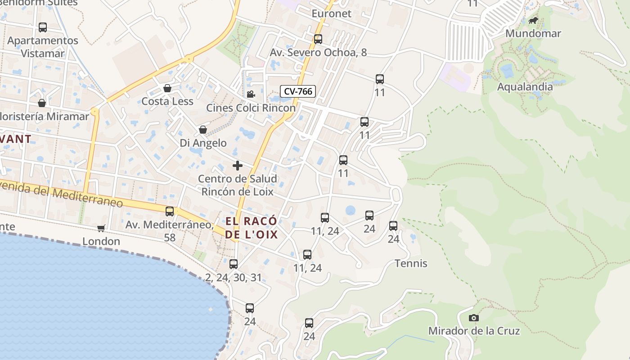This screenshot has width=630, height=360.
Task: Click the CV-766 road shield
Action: [298, 91]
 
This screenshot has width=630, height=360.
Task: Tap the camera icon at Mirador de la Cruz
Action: [473, 318]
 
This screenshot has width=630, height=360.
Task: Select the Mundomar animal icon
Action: [533, 21]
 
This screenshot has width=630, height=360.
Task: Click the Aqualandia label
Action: [525, 87]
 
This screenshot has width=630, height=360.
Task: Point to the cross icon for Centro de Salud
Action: [238, 166]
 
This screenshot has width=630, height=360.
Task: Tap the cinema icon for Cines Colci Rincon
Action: [251, 94]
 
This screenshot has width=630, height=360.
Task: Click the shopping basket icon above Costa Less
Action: [167, 88]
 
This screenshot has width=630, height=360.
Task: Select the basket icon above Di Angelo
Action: [203, 130]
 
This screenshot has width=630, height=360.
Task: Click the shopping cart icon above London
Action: [101, 229]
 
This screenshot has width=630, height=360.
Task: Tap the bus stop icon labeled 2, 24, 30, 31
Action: [233, 264]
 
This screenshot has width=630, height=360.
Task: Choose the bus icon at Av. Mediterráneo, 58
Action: [170, 211]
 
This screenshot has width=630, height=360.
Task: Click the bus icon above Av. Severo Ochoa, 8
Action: [318, 39]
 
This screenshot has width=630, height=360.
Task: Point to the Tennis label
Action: [411, 263]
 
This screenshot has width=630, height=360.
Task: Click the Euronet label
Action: [331, 13]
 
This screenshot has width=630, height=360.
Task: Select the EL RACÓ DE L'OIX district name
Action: [251, 228]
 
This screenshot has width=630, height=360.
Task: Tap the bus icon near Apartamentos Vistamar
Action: [43, 27]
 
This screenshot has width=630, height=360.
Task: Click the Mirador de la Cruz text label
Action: [474, 331]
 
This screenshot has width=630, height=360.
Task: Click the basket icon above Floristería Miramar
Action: [42, 103]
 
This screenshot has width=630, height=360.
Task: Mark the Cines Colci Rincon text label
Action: [251, 108]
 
